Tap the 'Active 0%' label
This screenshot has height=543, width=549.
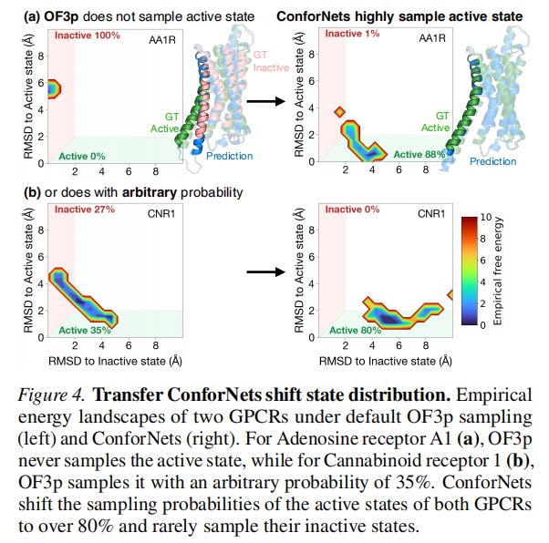(82, 154)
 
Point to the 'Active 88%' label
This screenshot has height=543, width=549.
(420, 154)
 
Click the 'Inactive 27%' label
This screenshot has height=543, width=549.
(86, 211)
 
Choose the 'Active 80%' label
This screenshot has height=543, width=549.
(355, 330)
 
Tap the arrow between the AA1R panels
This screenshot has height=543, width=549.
(263, 100)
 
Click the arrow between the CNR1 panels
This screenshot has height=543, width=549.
(264, 271)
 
